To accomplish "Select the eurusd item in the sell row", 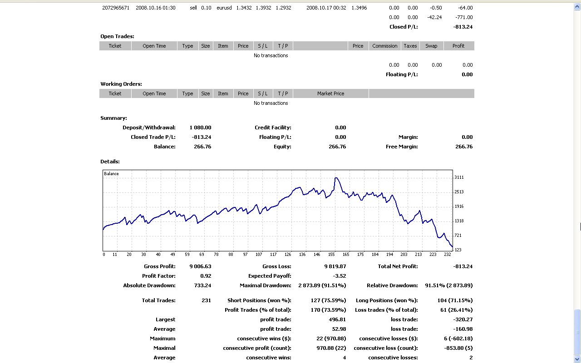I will [224, 8].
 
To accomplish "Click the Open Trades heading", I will [117, 36].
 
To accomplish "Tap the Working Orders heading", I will [121, 84].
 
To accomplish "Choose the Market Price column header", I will [330, 93].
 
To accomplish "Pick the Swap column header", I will [431, 46].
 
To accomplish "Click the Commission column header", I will [384, 46].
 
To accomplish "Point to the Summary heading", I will [113, 118].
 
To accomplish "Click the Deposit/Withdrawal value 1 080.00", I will [200, 128].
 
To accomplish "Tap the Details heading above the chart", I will [110, 162].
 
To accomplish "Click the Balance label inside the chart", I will [111, 174].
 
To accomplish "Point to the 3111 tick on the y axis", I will [459, 177].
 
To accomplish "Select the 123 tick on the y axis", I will [458, 250].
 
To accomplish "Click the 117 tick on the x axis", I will [273, 255].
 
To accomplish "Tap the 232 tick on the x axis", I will [447, 255].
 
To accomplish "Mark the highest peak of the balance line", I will [336, 178].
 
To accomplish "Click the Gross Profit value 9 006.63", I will [200, 266].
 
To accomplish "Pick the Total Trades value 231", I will [206, 300].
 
